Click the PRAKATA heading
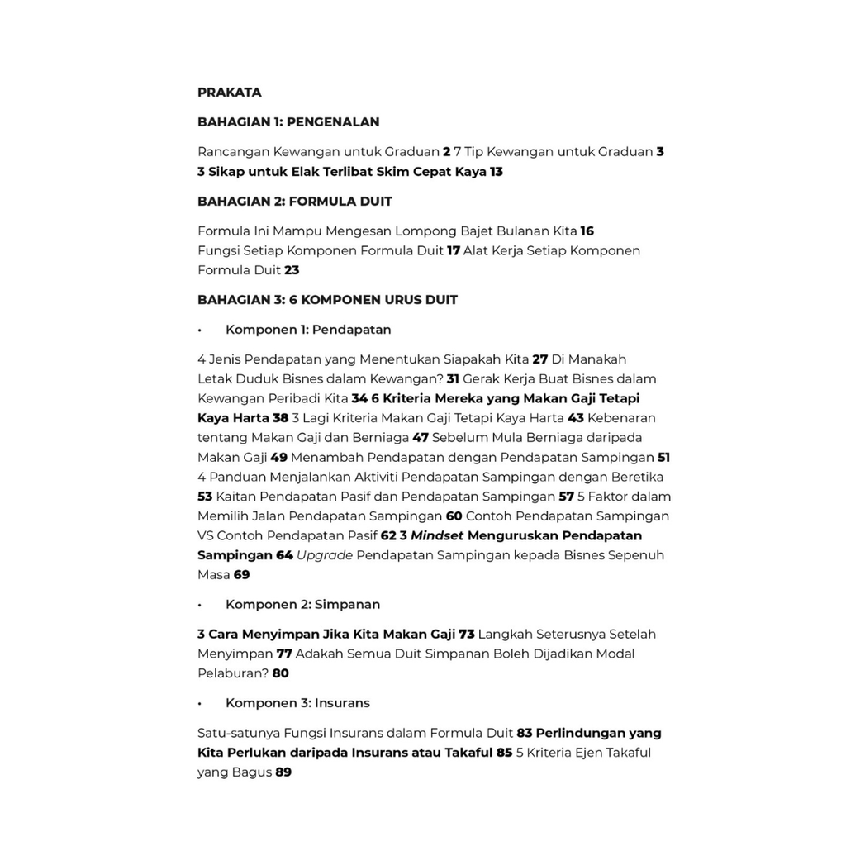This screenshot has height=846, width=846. pos(229,93)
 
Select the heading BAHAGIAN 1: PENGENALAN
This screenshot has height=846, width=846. pos(288,122)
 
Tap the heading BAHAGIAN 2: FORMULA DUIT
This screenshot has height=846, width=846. pos(294,202)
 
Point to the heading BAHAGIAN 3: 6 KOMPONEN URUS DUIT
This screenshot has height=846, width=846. pos(327,300)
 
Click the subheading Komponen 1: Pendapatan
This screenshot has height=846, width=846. pos(308,330)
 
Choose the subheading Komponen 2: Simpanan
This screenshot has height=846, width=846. pos(302,605)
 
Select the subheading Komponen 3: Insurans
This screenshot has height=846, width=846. pos(297,703)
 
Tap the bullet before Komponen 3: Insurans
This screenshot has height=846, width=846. pos(200,704)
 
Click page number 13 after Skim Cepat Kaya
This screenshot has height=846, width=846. pos(496,172)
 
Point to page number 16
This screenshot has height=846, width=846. pos(587,231)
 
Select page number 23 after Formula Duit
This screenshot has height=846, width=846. pos(292,270)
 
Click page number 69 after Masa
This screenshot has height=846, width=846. pos(241,575)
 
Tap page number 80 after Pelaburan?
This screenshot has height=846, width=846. pos(280,673)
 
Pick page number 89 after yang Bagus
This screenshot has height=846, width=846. pos(283,772)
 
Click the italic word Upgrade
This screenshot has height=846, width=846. pos(325,555)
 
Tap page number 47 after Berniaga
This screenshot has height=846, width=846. pos(421,438)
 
